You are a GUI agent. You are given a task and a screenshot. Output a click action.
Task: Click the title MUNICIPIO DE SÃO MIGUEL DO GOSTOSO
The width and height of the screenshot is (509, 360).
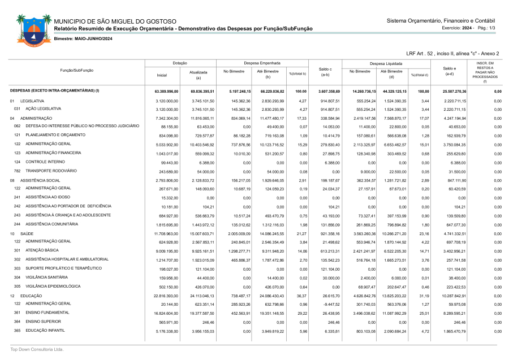[115, 21]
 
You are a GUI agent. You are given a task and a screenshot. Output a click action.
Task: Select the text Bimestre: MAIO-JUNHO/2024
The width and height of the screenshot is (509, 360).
[83, 38]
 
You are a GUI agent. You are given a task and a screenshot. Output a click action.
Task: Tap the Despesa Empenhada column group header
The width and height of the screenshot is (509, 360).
[262, 63]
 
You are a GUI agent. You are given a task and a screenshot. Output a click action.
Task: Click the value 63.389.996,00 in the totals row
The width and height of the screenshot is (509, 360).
[166, 91]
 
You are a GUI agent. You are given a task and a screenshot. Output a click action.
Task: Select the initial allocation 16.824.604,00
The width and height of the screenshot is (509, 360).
[167, 313]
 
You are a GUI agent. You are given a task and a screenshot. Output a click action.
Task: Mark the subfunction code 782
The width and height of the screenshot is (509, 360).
[18, 171]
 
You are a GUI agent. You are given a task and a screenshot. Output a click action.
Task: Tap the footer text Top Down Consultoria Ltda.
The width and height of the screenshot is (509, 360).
[37, 350]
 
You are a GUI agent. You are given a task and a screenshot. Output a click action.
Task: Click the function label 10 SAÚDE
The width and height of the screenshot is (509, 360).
[21, 233]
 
